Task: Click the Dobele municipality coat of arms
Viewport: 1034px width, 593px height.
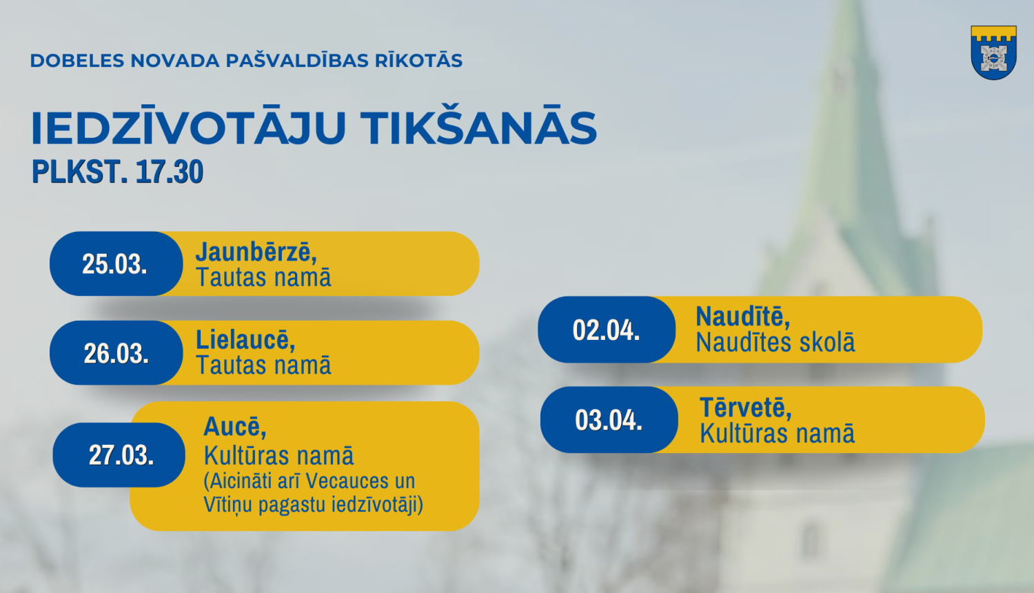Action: pyautogui.click(x=993, y=53)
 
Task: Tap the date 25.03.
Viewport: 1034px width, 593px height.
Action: pyautogui.click(x=114, y=264)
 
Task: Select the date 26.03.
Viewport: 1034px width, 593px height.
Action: pyautogui.click(x=116, y=354)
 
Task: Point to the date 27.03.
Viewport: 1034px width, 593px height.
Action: pyautogui.click(x=121, y=455)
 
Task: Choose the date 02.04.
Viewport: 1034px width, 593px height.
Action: pyautogui.click(x=606, y=330)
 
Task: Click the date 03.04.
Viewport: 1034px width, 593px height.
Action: pyautogui.click(x=609, y=420)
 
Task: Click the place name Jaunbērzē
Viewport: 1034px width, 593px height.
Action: pyautogui.click(x=256, y=252)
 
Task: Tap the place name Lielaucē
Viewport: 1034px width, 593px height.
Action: pyautogui.click(x=245, y=340)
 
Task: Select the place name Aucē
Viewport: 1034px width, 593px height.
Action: pyautogui.click(x=234, y=427)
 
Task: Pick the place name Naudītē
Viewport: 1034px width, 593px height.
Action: pyautogui.click(x=742, y=317)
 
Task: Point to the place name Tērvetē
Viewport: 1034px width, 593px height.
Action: pyautogui.click(x=745, y=408)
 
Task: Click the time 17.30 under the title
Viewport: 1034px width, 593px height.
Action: pyautogui.click(x=169, y=172)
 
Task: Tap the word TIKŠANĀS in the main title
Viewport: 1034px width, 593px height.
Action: pyautogui.click(x=478, y=128)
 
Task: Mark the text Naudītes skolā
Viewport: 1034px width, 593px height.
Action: pyautogui.click(x=775, y=343)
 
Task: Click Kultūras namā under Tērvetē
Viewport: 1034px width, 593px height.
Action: pyautogui.click(x=777, y=434)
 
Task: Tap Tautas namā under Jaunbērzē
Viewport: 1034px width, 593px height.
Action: pyautogui.click(x=263, y=278)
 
